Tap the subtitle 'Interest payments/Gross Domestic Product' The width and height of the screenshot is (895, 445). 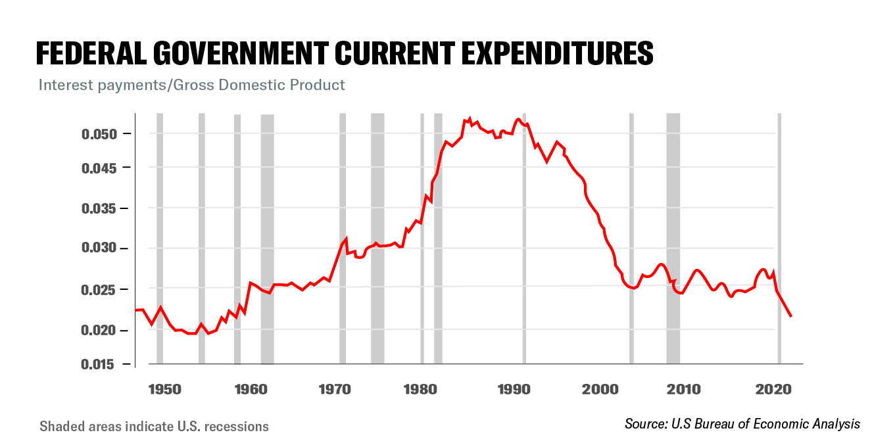pos(191,85)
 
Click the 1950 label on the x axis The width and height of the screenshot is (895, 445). pos(164,388)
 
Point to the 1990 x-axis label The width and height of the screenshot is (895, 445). pos(514,388)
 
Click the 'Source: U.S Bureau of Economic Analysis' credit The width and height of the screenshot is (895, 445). pos(742,424)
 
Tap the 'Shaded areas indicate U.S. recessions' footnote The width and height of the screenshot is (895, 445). pos(154,427)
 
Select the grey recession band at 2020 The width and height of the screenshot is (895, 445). pos(779,237)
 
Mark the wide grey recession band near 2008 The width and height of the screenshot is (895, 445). pos(673,237)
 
